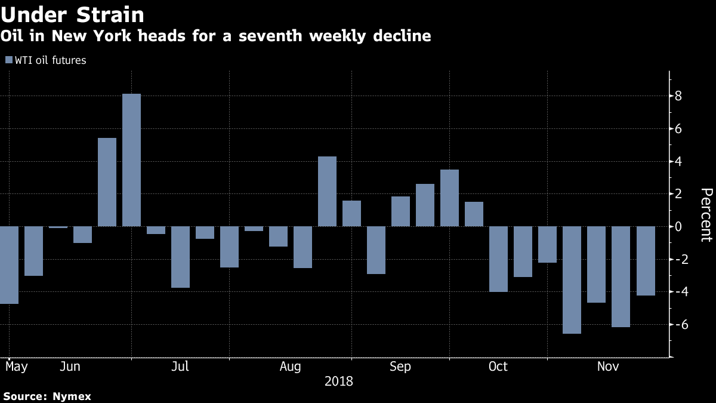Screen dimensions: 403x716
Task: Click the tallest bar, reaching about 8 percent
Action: [131, 160]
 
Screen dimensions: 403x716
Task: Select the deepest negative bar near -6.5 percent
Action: [572, 279]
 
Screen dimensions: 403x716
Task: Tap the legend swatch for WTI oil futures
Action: [8, 60]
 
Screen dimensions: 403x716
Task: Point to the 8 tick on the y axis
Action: [678, 96]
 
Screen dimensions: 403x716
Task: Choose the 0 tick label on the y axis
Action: [678, 227]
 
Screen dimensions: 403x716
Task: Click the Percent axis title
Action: [706, 215]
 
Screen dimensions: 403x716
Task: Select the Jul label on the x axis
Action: [180, 367]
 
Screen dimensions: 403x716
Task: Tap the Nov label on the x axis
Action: [607, 367]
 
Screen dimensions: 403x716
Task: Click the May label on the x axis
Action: [16, 367]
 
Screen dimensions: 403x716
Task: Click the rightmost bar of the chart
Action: [645, 261]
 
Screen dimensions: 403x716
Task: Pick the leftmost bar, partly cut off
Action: [9, 265]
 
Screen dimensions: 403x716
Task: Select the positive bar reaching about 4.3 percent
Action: [327, 191]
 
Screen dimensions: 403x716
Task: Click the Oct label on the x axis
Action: [498, 367]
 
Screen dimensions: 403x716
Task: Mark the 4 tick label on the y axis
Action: [678, 161]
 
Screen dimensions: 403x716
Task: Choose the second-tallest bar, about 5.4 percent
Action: [107, 182]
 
